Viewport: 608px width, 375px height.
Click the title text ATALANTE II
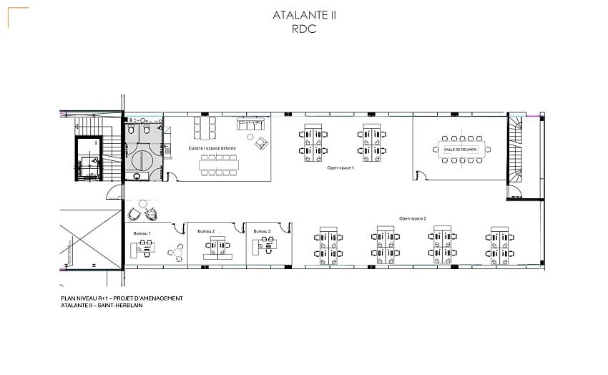[x=304, y=15]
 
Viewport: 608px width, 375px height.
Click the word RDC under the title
[x=304, y=30]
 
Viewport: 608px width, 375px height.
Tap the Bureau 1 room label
[x=142, y=233]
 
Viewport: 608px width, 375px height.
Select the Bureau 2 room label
[x=206, y=232]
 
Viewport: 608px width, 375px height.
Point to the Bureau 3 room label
[x=262, y=231]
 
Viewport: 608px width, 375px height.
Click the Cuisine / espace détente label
[x=212, y=147]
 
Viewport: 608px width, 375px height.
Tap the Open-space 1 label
[x=340, y=167]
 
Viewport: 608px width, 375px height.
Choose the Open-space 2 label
[x=413, y=218]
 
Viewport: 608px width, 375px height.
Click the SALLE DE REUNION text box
[x=461, y=149]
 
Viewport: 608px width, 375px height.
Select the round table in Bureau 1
[x=177, y=251]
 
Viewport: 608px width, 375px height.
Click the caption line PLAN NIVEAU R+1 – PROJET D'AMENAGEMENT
[x=122, y=298]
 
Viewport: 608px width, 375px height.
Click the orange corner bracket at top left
[x=17, y=16]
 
